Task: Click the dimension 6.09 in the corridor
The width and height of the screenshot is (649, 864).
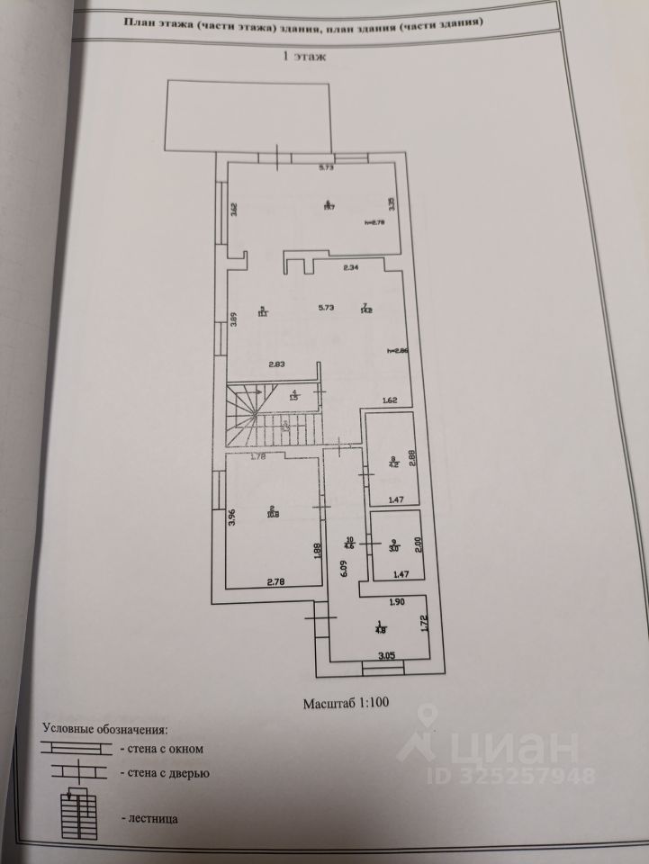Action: coord(344,567)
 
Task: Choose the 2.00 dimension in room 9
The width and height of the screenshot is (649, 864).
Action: coord(417,545)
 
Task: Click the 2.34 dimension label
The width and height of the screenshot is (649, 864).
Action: coord(352,266)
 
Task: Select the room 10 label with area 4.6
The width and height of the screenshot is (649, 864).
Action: coord(351,543)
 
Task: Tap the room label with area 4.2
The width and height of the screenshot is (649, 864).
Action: coord(392,463)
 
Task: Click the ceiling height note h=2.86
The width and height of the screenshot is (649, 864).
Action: coord(398,351)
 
